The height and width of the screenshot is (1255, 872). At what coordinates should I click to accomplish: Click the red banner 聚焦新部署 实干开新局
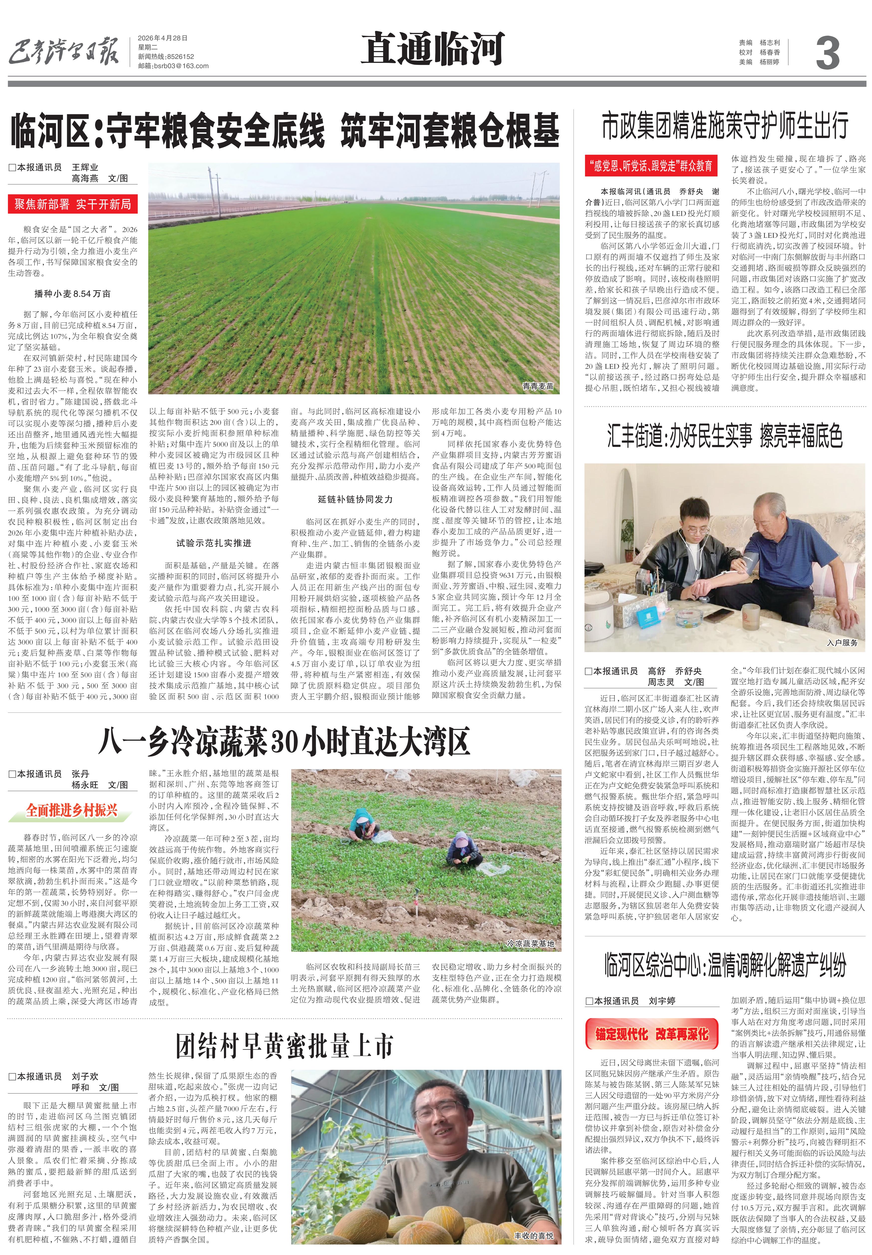(73, 204)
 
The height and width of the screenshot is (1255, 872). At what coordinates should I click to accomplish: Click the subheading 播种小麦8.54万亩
(73, 294)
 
